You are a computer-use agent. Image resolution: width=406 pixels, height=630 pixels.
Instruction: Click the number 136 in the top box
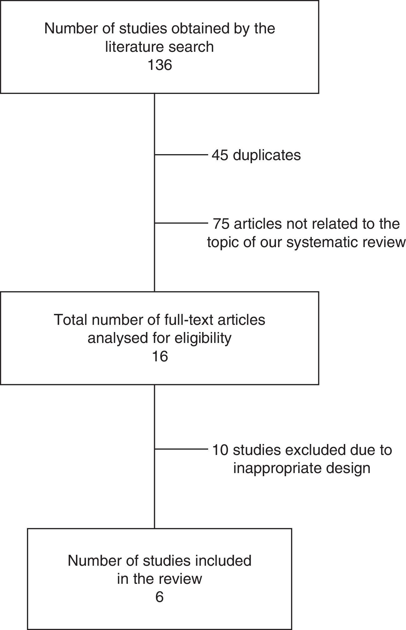click(x=159, y=65)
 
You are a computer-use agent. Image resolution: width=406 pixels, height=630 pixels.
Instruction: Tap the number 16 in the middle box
click(x=160, y=356)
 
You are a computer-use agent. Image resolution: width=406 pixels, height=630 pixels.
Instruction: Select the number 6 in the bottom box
click(x=159, y=597)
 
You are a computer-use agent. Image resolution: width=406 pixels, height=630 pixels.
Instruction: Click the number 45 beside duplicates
click(x=220, y=155)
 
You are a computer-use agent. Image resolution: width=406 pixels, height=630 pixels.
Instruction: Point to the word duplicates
click(x=267, y=155)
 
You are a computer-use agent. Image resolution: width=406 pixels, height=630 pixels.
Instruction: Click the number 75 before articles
click(x=221, y=224)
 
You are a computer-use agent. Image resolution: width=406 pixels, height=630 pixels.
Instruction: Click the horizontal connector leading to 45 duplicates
click(x=181, y=154)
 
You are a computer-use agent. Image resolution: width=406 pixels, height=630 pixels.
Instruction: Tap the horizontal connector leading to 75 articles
click(x=181, y=223)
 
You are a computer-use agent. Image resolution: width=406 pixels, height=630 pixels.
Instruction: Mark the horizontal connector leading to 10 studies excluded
click(x=181, y=449)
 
